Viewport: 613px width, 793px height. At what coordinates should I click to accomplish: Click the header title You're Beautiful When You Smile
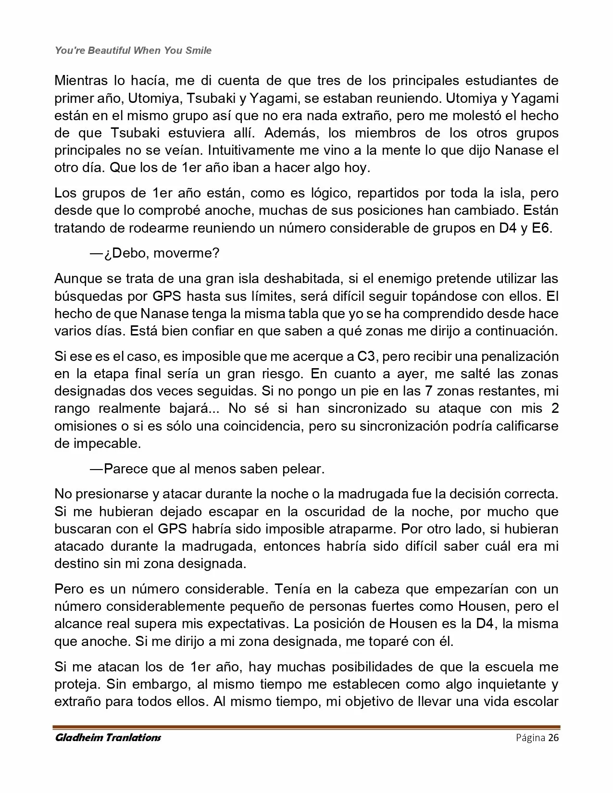click(x=133, y=50)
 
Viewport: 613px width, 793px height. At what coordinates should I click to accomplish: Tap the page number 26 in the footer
click(x=553, y=738)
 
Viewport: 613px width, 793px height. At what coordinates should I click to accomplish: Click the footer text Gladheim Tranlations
click(x=108, y=738)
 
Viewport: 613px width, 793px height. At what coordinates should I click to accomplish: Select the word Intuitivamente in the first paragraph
click(x=251, y=150)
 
